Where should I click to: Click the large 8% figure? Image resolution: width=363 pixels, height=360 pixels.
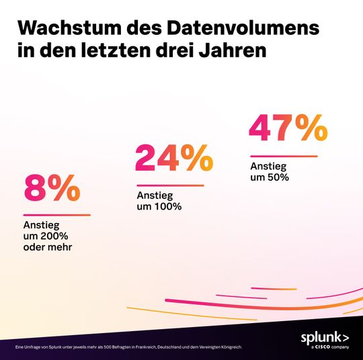point(52,189)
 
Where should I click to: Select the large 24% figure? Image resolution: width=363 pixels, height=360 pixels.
point(174,159)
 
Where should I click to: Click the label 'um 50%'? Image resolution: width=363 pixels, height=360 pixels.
point(269,177)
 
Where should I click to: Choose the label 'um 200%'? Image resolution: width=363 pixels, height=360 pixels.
point(46,236)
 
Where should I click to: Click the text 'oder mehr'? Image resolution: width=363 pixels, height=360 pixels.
point(48,246)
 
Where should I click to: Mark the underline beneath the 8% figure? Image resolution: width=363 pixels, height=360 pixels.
point(56,215)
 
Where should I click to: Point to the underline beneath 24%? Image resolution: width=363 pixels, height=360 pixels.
point(169,185)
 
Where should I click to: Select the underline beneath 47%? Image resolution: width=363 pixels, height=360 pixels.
point(283,156)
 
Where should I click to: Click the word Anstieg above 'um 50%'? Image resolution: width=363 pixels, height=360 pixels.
point(266,167)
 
